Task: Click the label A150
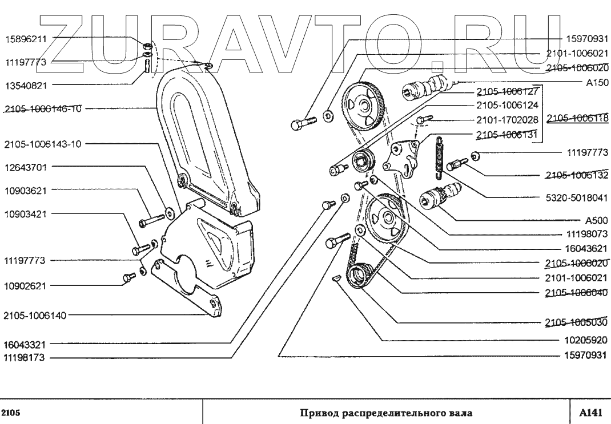(x=596, y=82)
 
